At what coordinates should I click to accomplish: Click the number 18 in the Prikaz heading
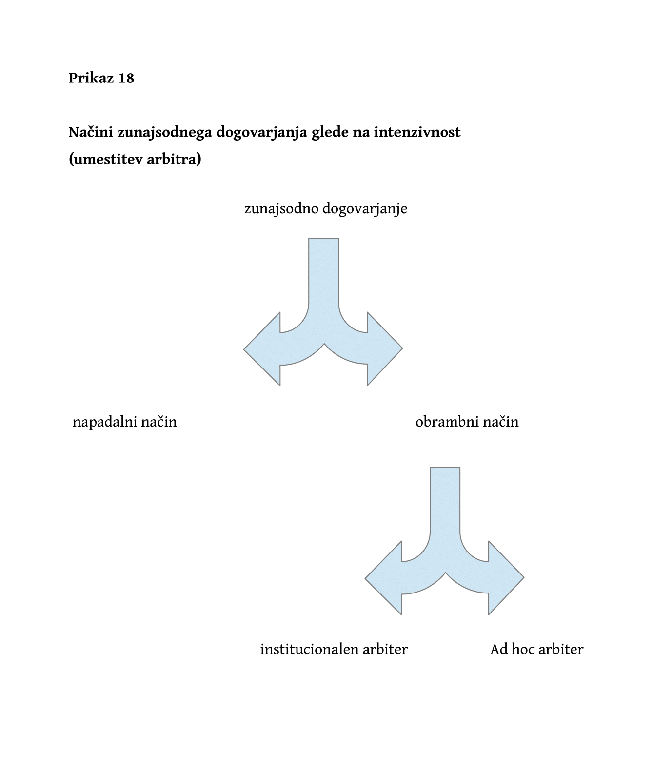126,78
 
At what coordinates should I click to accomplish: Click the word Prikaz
91,78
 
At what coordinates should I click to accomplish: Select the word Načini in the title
91,132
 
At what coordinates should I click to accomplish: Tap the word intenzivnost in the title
417,132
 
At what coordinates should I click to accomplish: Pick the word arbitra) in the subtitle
174,159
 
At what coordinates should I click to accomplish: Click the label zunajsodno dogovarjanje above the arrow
326,209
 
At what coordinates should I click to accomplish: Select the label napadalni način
124,422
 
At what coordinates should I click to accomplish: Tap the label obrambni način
467,422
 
